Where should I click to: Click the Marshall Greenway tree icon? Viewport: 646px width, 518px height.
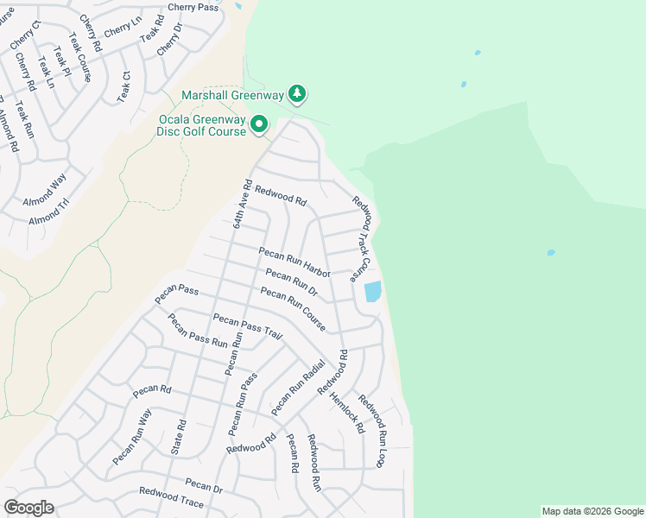(297, 92)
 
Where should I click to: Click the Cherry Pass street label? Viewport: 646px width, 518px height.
(194, 7)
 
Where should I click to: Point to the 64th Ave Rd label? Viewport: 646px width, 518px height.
(242, 204)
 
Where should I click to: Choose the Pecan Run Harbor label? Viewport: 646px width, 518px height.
(295, 261)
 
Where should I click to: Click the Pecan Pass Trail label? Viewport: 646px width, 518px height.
(248, 326)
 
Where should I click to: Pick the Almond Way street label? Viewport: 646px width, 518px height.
(46, 189)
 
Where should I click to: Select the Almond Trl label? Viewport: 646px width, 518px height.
(49, 212)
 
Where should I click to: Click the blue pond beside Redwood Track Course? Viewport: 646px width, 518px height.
(373, 291)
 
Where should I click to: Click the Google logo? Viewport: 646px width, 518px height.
(29, 508)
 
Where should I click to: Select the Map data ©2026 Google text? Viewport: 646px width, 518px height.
(592, 511)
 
